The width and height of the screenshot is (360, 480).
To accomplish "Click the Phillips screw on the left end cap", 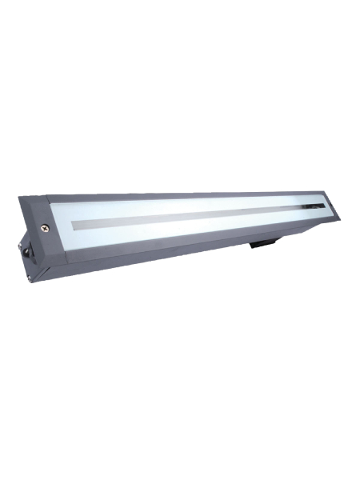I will click(45, 228).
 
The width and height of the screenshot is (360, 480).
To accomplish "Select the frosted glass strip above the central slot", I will click(184, 205).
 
